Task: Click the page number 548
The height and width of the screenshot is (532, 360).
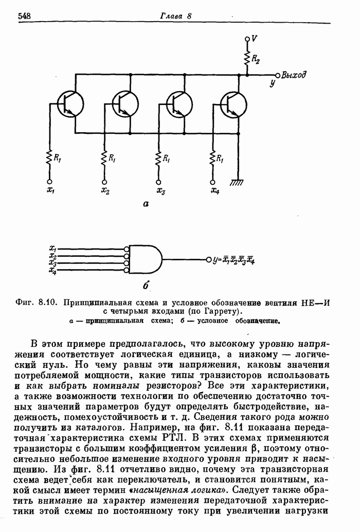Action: (x=25, y=16)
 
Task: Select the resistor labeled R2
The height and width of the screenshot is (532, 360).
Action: (x=248, y=58)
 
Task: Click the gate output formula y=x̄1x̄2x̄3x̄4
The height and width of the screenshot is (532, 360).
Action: (x=233, y=260)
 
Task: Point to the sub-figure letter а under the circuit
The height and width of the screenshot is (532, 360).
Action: (x=146, y=204)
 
